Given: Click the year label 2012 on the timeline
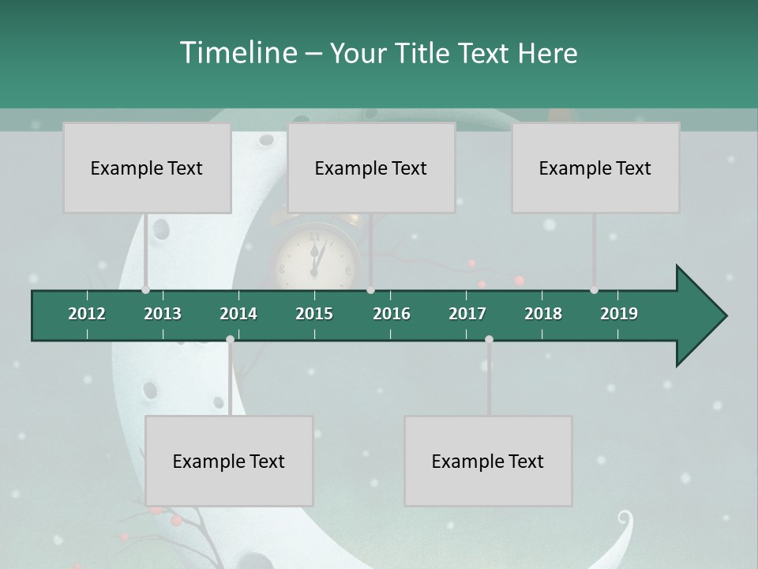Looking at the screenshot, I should click(87, 314).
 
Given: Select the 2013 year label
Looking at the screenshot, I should click(163, 314).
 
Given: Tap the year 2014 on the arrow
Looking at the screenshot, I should click(238, 314).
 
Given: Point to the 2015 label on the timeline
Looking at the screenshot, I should click(314, 314).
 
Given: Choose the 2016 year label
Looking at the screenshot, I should click(392, 314).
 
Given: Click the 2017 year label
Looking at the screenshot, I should click(467, 314).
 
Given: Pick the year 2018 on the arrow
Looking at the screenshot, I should click(543, 314).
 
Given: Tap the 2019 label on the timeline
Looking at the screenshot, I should click(619, 314).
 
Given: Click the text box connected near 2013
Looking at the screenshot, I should click(147, 168).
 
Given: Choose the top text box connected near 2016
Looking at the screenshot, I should click(371, 168).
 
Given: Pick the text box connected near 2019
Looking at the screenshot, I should click(595, 168).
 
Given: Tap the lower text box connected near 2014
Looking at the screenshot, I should click(229, 461).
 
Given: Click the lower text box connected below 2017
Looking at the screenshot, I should click(488, 461).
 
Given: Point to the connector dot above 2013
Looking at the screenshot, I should click(145, 290).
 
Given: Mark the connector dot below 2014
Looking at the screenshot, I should click(230, 340).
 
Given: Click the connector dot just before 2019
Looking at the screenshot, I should click(594, 290).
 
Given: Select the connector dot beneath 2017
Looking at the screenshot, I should click(489, 340).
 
